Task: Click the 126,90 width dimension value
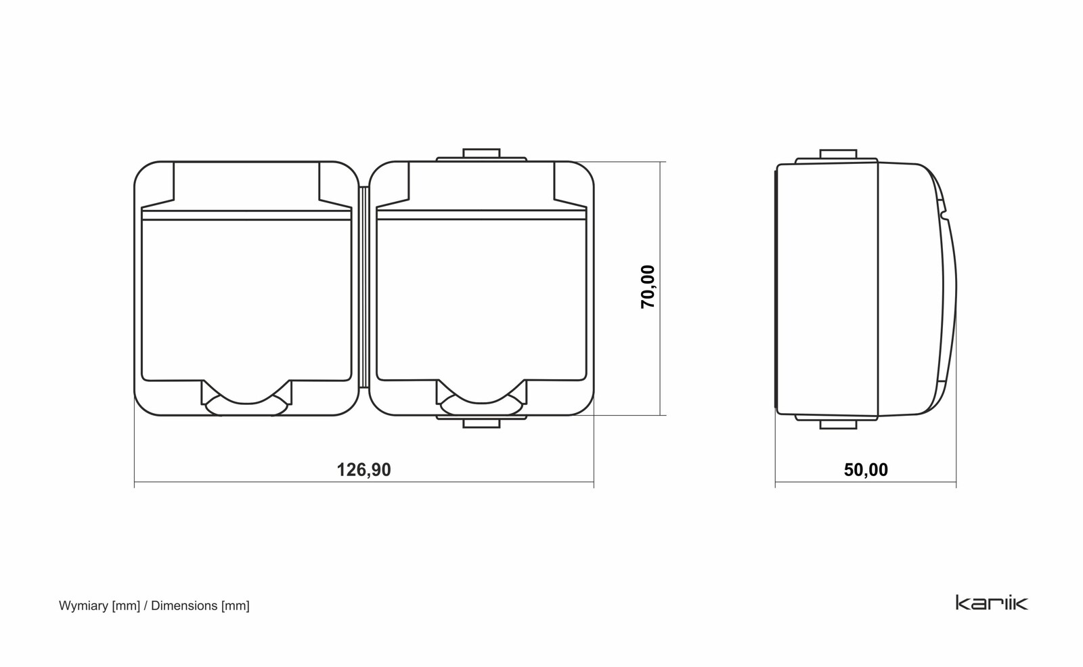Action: click(x=363, y=470)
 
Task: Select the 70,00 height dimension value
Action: click(x=648, y=287)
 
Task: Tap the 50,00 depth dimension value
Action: click(x=866, y=470)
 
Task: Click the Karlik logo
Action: click(x=992, y=603)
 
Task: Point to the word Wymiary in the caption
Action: click(x=84, y=606)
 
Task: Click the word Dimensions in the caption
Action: click(x=184, y=605)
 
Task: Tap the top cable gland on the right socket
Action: click(x=481, y=155)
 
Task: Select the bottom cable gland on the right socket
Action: click(x=481, y=421)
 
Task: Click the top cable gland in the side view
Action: click(x=838, y=155)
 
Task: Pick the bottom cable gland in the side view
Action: click(x=838, y=423)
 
